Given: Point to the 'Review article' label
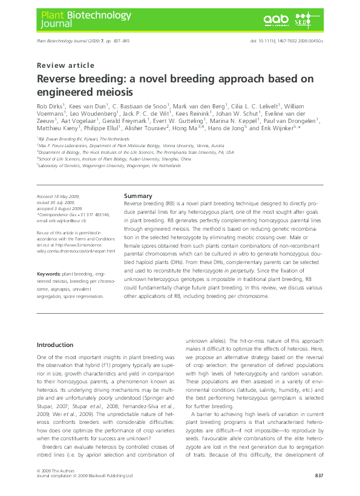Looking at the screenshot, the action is [65, 65].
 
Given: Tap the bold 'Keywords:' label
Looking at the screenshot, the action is [48, 274].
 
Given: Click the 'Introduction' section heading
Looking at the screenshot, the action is [55, 345].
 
